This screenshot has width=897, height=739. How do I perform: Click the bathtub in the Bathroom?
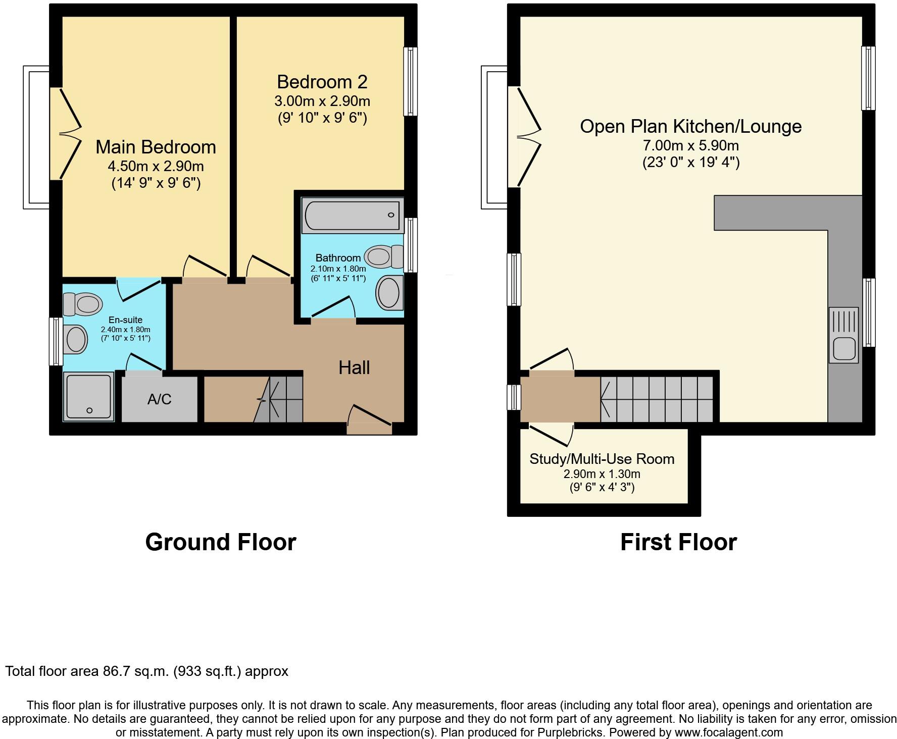pos(352,216)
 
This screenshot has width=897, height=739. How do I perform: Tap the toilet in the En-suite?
pos(82,304)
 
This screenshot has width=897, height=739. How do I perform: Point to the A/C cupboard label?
pos(160,399)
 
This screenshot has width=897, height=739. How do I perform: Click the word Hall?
pos(354,367)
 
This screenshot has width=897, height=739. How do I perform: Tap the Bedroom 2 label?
pos(322,82)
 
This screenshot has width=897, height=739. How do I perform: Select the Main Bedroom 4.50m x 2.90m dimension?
pos(156,166)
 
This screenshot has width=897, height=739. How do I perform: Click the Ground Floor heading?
pos(220,542)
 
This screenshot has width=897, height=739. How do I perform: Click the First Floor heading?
pos(678,542)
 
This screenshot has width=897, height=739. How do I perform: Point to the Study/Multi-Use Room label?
pos(602,459)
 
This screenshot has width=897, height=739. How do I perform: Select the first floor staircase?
pos(657,399)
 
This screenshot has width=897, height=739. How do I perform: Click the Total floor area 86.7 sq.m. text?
pos(146,671)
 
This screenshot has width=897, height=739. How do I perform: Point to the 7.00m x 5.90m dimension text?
pos(690,146)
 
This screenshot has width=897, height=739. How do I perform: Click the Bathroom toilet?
pos(383,256)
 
